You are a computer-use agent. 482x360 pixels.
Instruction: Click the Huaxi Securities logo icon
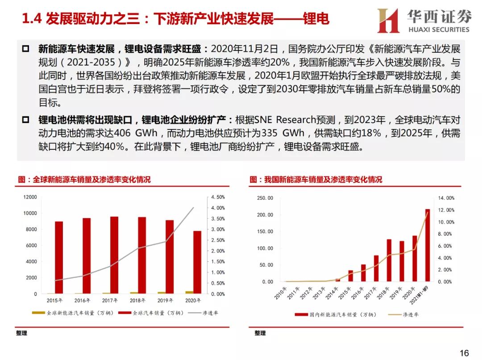tap(388, 21)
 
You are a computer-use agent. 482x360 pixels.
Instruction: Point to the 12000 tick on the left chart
tap(30, 197)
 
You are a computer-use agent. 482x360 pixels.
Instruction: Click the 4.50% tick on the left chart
tap(218, 197)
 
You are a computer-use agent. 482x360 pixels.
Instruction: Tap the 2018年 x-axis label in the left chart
tap(138, 300)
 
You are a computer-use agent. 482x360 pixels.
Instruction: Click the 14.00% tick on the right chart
tap(446, 198)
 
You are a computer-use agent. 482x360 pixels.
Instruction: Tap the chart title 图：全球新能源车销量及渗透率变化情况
tap(84, 180)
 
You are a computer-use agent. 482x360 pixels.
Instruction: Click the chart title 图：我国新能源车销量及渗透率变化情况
tap(316, 180)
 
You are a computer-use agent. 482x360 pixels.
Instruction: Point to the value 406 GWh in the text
tap(133, 133)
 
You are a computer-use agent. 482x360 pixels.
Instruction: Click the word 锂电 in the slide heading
tap(316, 19)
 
